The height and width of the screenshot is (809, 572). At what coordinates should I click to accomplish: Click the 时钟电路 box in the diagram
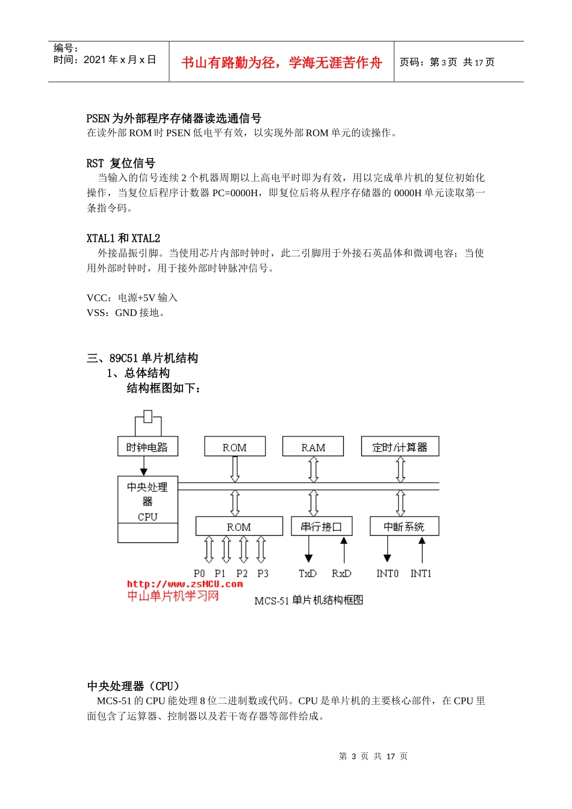pos(148,447)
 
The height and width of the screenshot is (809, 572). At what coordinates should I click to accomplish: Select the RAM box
pos(313,447)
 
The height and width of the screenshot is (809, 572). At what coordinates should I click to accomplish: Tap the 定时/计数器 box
pos(400,447)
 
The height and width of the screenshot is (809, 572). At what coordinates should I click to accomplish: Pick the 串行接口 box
pos(322,526)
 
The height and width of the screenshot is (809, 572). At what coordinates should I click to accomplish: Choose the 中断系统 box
pos(404,526)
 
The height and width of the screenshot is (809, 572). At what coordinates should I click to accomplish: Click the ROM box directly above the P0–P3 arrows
pos(239,526)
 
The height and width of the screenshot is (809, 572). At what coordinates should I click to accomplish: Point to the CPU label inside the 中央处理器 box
pos(148,516)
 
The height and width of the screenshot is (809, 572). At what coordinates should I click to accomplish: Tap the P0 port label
pos(199,573)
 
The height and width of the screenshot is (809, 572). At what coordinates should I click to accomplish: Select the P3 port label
pos(263,573)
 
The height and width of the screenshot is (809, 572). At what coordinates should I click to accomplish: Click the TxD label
pos(308,573)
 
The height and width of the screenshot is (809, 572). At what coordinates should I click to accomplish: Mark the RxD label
pos(341,573)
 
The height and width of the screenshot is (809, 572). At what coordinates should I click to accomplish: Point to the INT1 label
pos(421,573)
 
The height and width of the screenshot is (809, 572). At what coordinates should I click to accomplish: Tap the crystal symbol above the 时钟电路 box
pos(148,417)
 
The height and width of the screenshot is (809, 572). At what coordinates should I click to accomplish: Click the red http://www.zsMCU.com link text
pos(185,583)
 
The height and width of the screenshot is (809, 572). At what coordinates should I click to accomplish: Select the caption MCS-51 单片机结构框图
pos(308,600)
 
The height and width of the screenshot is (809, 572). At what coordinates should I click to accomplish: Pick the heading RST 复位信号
pos(120,163)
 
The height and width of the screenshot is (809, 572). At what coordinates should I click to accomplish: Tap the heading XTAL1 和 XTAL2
pos(123,238)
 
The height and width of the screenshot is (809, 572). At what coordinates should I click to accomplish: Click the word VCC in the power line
pos(98,298)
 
